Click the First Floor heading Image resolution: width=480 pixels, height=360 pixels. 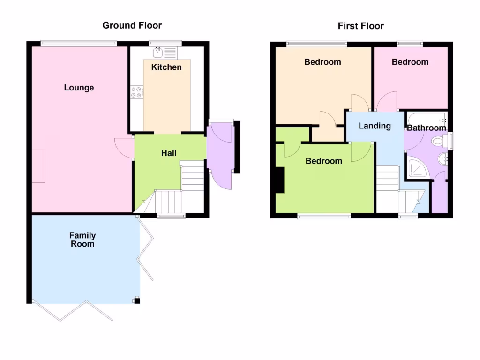point(360,26)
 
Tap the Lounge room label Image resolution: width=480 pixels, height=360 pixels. point(79,88)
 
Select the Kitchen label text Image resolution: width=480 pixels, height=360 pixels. point(166,67)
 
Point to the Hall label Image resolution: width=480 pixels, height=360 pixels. point(169,153)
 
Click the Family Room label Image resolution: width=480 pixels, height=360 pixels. point(82,240)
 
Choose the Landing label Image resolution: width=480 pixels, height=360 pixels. point(375,126)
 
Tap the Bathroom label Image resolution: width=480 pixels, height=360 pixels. point(426,127)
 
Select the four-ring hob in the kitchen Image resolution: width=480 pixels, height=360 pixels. point(137,92)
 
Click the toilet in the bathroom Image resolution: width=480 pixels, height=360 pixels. point(439,140)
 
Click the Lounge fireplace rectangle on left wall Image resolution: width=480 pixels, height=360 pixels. point(38,166)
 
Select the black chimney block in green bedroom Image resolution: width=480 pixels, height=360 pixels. point(280,180)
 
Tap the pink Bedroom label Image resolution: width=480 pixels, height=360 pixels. point(410,62)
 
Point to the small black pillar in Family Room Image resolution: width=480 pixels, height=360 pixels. point(136,300)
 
